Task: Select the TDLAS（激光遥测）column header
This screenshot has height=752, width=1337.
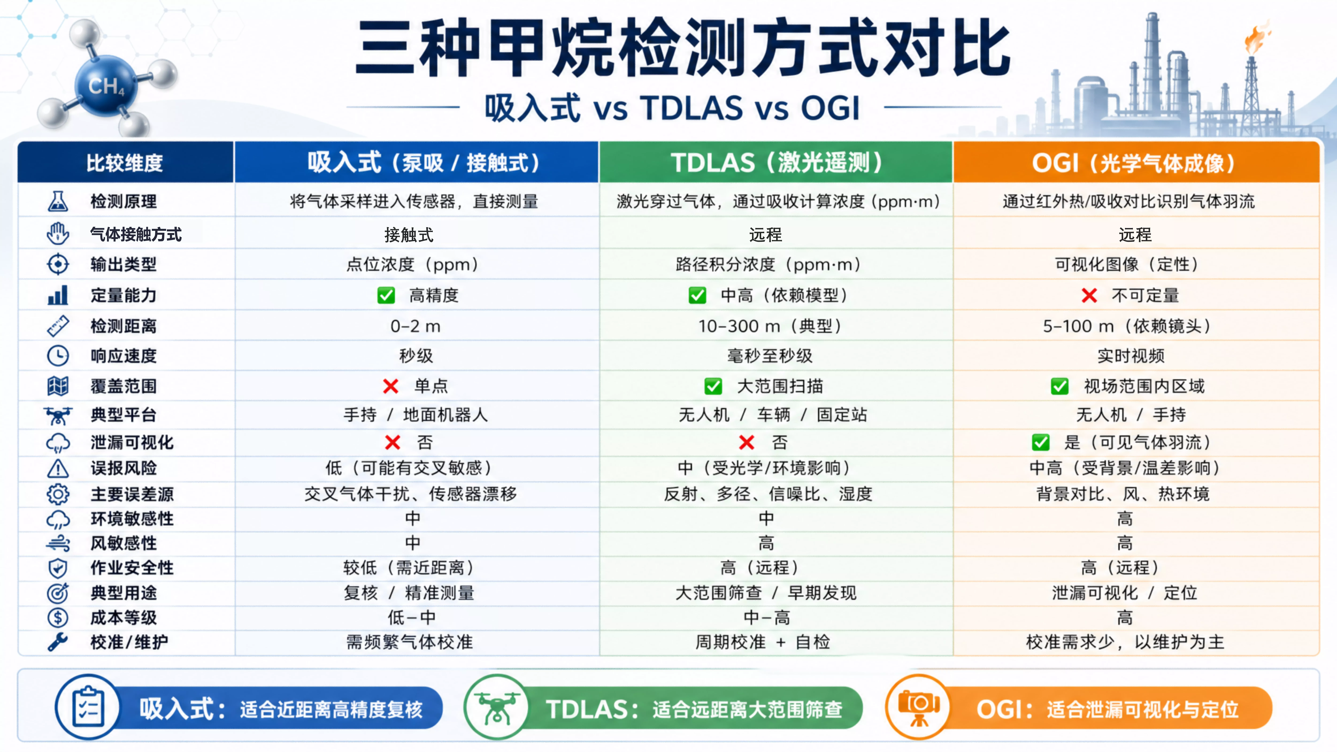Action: [776, 162]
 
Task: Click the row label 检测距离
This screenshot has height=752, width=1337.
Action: [124, 326]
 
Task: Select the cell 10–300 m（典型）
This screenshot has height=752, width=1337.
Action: [770, 326]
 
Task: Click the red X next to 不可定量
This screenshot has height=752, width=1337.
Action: [1089, 295]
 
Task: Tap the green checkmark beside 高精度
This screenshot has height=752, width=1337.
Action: [386, 295]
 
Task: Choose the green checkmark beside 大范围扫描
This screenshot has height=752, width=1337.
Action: [713, 386]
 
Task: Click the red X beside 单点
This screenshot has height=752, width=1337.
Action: [390, 386]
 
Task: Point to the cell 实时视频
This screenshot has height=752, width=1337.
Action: [1131, 356]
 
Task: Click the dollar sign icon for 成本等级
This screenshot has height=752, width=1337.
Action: [58, 618]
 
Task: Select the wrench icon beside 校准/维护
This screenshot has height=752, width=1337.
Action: [58, 642]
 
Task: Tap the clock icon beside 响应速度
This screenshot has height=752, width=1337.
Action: [58, 356]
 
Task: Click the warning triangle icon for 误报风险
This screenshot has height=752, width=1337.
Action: [58, 468]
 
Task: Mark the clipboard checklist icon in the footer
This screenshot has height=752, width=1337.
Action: [88, 707]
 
